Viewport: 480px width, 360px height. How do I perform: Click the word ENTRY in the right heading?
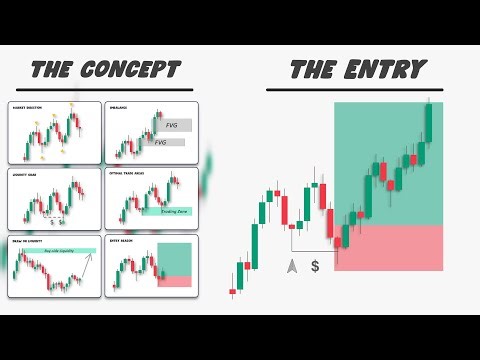coord(386,69)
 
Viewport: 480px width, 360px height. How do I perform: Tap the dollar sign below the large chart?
coord(315,266)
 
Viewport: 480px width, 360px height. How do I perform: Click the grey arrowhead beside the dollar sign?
coord(291,266)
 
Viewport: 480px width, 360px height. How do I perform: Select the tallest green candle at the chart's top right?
coord(428,123)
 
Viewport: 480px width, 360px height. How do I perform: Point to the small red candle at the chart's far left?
coord(233,292)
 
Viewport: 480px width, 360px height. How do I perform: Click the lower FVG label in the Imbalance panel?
coord(161,143)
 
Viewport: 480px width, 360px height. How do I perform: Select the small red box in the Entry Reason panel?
coord(174,282)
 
